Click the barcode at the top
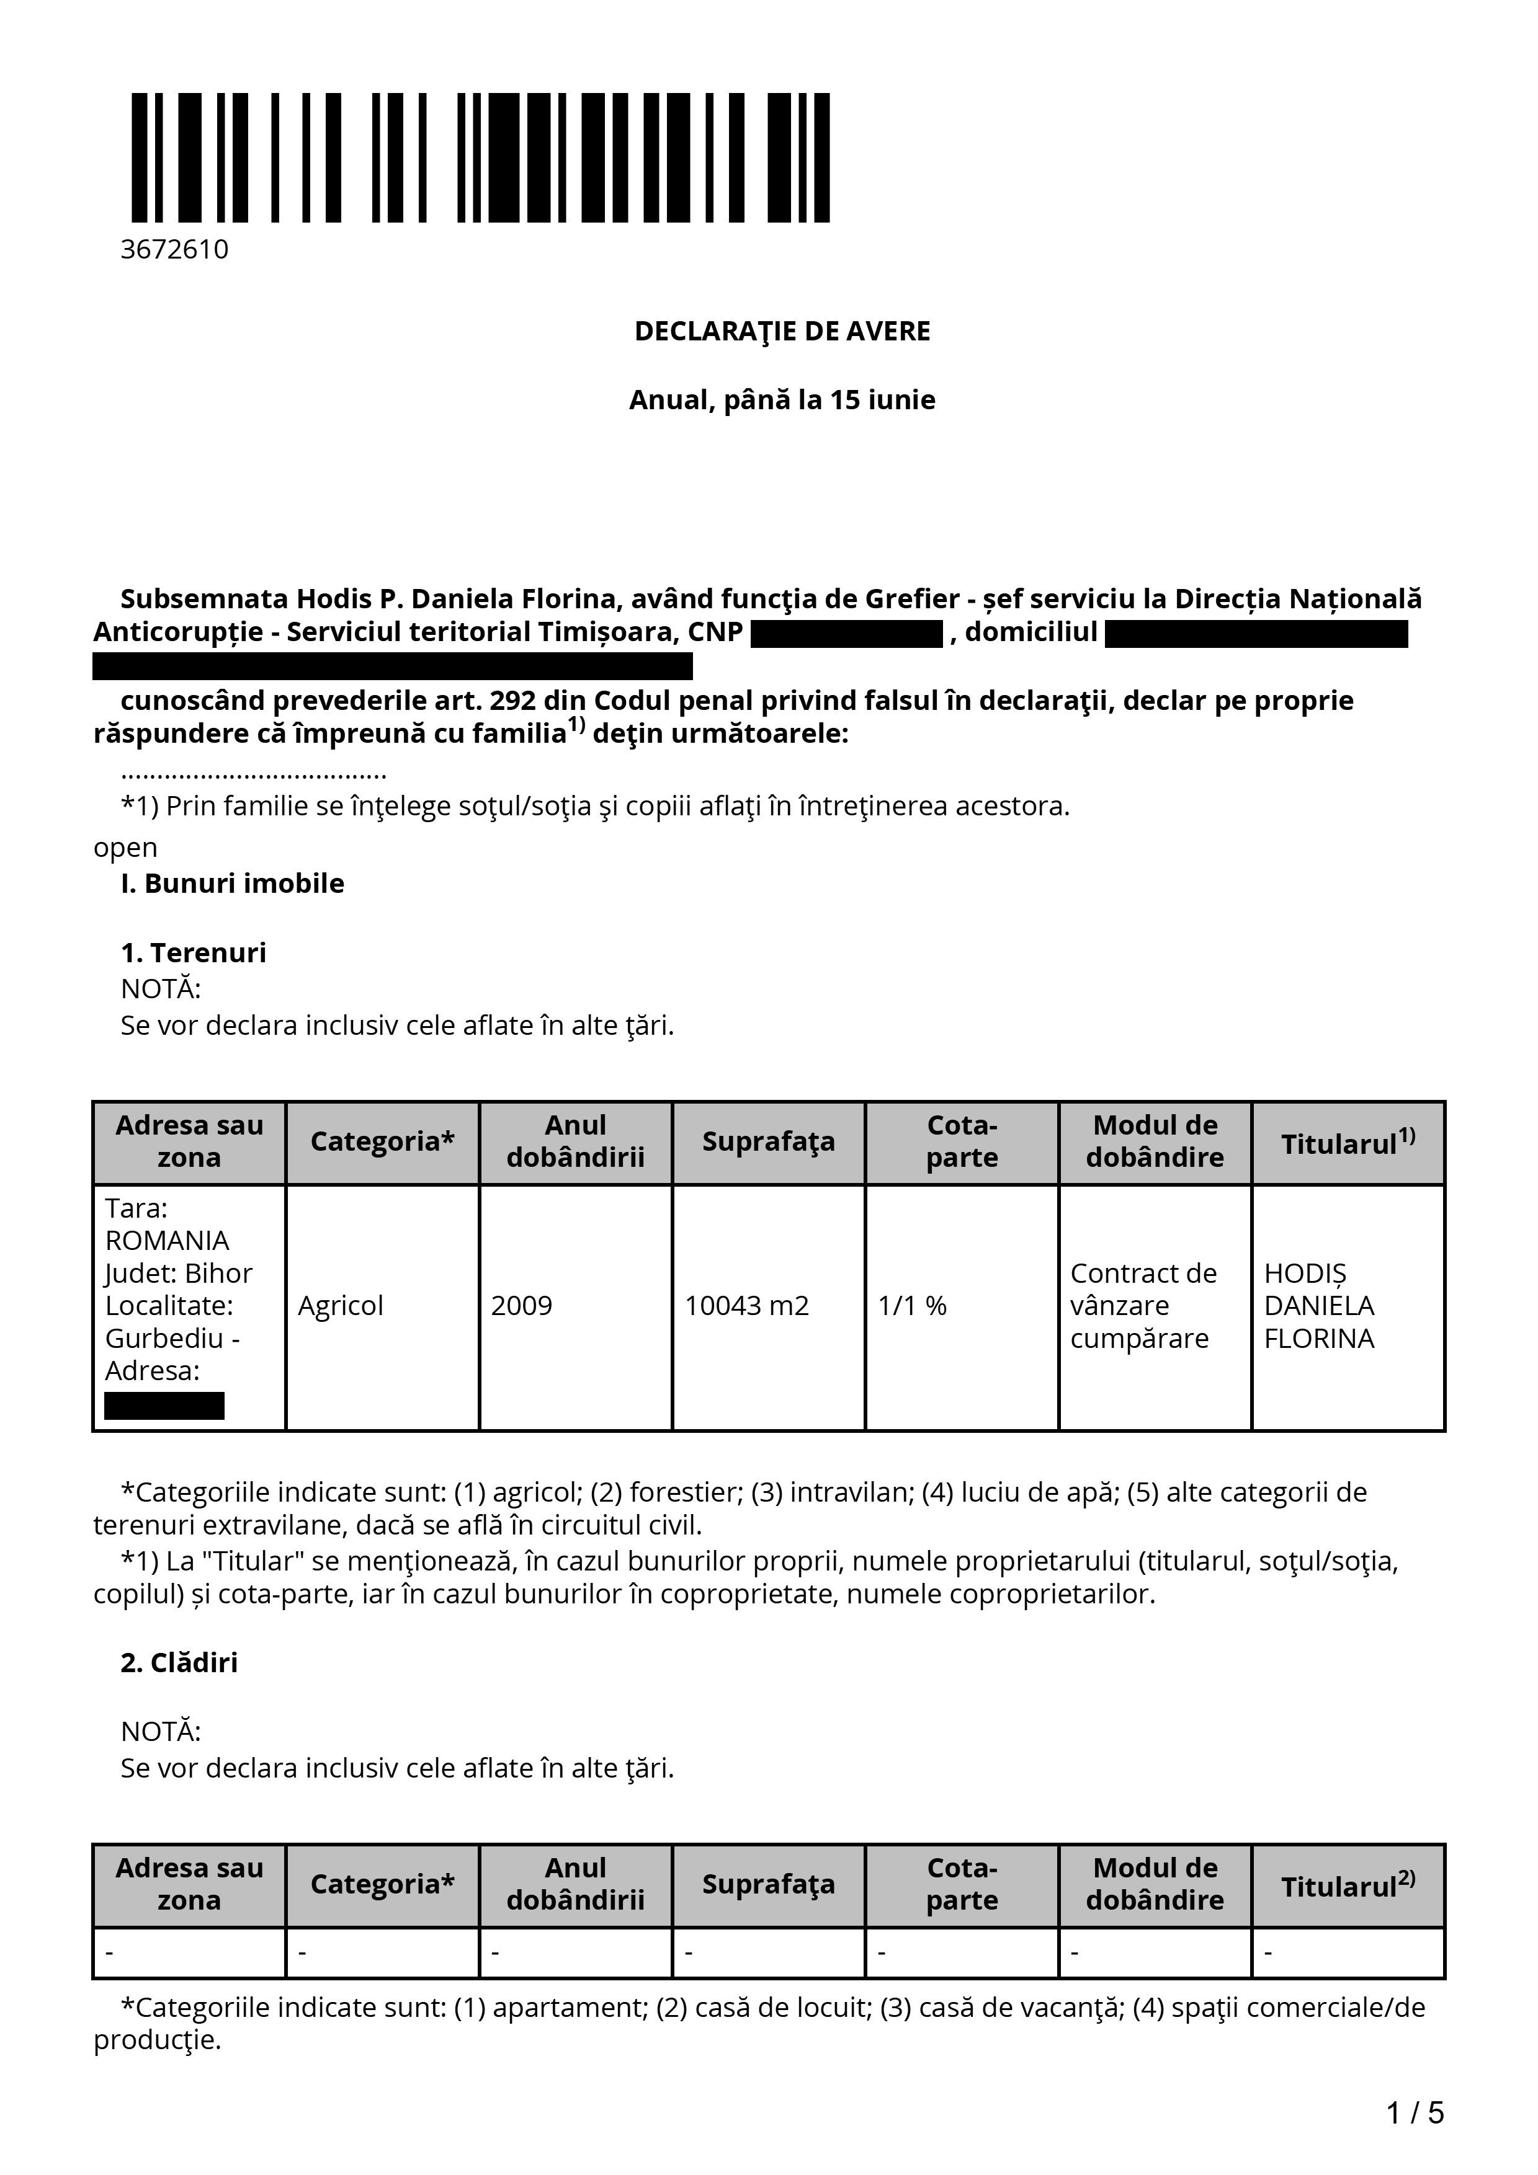point(480,157)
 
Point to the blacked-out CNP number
point(846,634)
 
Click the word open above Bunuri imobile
point(125,848)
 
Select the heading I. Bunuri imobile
point(232,884)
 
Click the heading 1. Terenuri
point(194,953)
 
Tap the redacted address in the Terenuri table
point(164,1406)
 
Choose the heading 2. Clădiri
point(179,1662)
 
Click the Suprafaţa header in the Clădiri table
point(769,1885)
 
